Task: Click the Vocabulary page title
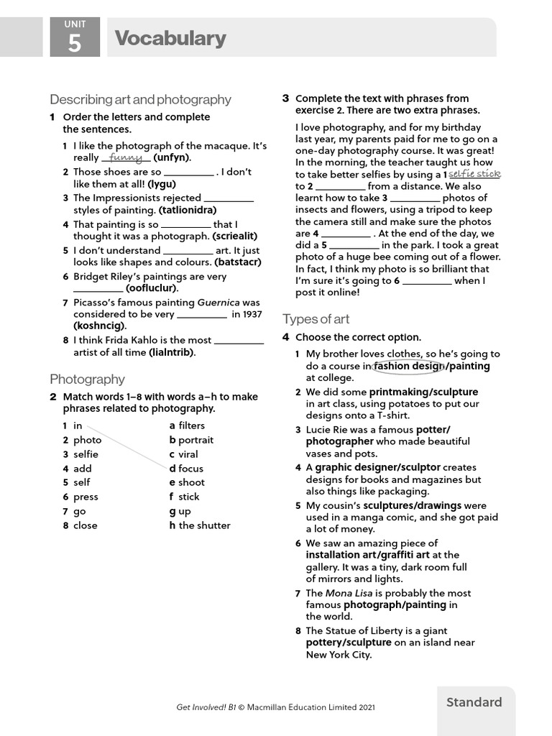pos(170,38)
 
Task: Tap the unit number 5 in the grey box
pos(75,45)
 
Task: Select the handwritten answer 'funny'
pos(126,157)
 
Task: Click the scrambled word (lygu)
pos(162,184)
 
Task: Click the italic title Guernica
pos(219,303)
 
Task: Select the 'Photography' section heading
pos(87,379)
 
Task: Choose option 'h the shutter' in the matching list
pos(200,525)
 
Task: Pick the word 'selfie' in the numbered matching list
pos(86,454)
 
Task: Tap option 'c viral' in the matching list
pos(183,454)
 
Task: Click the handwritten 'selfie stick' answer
pos(474,174)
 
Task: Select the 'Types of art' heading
pos(316,318)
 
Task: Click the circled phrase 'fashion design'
pos(408,366)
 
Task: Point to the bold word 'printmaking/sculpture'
pos(423,392)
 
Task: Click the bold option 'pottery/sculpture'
pos(349,643)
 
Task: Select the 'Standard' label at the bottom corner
pos(474,702)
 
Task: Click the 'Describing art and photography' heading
pos(140,99)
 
